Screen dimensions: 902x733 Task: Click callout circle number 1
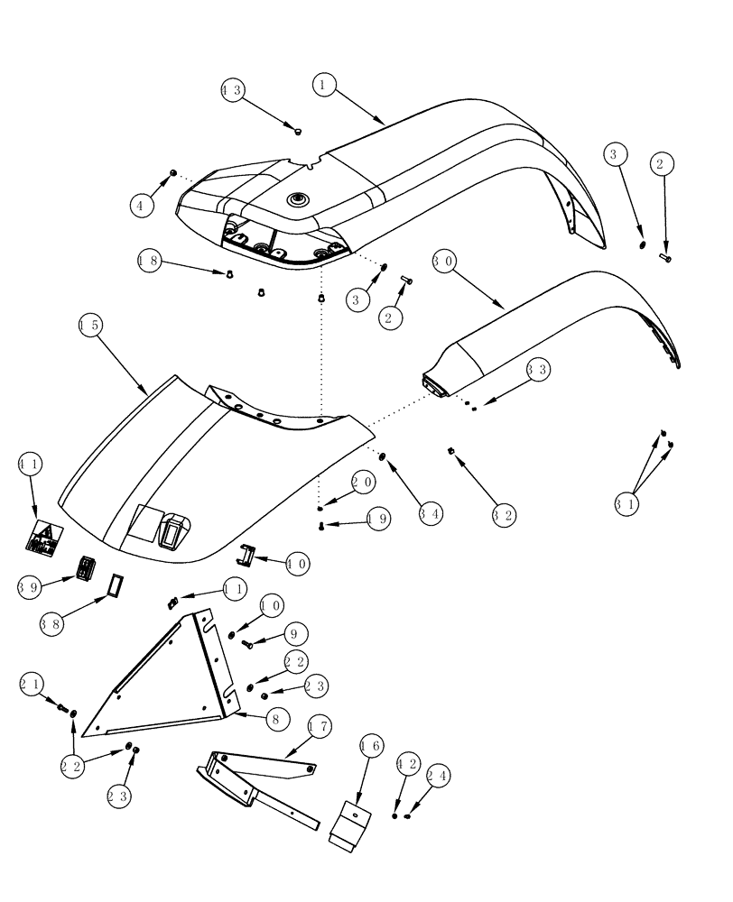click(x=326, y=84)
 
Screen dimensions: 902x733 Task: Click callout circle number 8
click(x=275, y=718)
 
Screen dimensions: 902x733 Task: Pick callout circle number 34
click(x=431, y=513)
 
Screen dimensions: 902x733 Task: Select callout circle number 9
click(x=294, y=633)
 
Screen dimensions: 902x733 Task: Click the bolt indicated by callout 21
click(x=62, y=710)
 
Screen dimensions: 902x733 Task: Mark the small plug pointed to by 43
click(x=298, y=132)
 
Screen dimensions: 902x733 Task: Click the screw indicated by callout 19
click(x=321, y=526)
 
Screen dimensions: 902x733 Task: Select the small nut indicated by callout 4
click(x=172, y=172)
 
